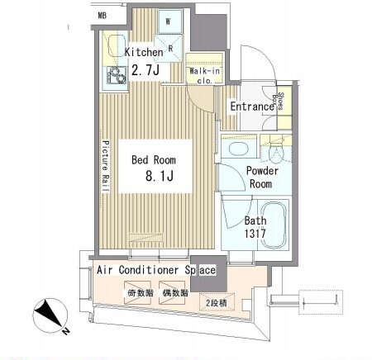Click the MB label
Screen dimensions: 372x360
pos(103,16)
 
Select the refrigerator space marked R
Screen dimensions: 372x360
pos(168,48)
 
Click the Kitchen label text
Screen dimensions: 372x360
pos(144,52)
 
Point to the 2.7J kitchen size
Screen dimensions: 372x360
pos(145,70)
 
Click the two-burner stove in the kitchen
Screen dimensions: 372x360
pos(117,75)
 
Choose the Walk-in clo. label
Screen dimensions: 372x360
pos(204,76)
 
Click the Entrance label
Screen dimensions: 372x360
pos(252,107)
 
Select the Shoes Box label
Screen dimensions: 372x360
pos(278,102)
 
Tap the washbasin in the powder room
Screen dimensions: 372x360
pos(239,149)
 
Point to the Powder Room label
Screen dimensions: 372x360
pos(262,178)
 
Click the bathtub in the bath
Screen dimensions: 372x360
pos(274,225)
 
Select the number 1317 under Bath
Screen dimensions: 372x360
pos(255,234)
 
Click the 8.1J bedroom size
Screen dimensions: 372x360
pos(160,175)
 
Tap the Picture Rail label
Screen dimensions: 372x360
pos(106,166)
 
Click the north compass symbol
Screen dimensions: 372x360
pos(50,315)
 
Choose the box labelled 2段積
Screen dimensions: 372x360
pos(217,302)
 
